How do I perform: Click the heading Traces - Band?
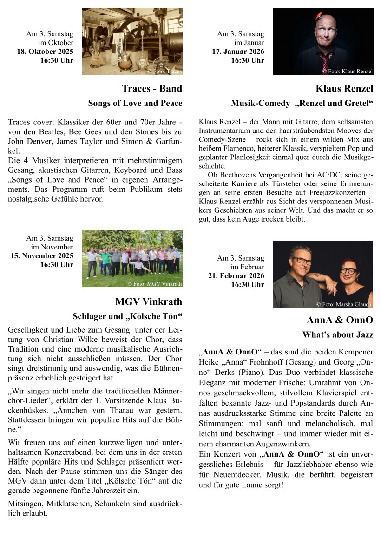pos(152,88)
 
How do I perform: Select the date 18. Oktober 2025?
pos(45,52)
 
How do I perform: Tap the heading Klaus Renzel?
pos(344,88)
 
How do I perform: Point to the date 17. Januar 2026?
pos(238,52)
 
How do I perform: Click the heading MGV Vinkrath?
pos(149,302)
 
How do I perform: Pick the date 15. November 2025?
pos(42,256)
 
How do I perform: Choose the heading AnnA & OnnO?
pos(340,320)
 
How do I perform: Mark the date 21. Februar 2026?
pos(236,276)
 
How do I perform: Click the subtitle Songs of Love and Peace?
pos(135,103)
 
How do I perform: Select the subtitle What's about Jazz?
pos(338,334)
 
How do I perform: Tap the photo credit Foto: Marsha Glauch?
pos(344,304)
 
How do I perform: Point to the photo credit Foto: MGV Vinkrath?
pos(155,283)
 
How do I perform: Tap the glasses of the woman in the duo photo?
pos(348,271)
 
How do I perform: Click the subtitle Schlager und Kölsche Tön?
pos(127,316)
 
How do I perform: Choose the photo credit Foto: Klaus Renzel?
pos(348,72)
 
